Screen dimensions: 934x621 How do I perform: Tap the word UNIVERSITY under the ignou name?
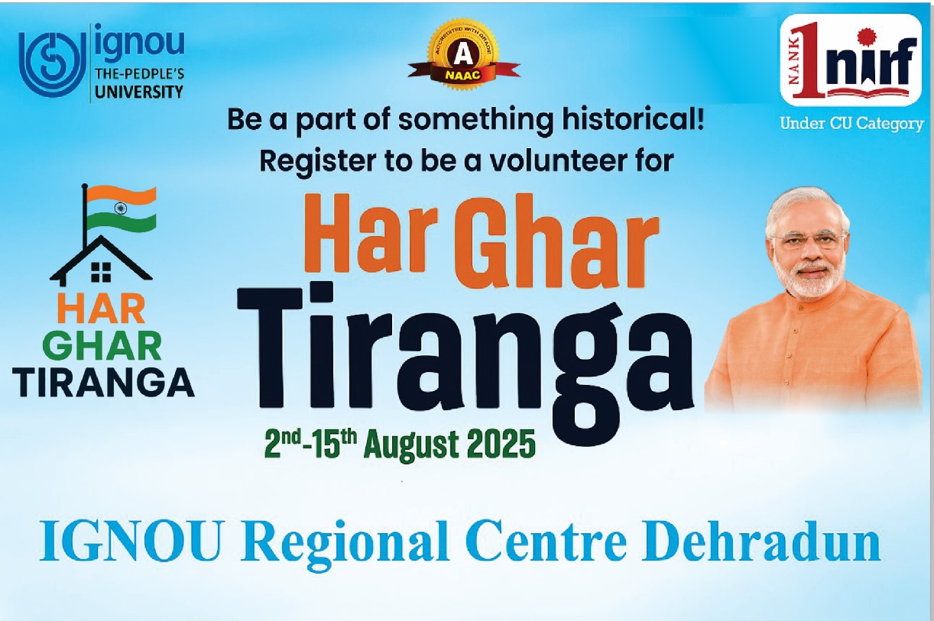click(139, 92)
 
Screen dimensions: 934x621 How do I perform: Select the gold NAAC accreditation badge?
click(463, 54)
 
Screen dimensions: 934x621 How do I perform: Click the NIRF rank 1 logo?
click(851, 60)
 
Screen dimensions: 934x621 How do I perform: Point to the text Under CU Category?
click(851, 124)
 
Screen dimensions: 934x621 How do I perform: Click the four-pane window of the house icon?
click(101, 272)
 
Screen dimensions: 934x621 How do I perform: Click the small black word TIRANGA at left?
click(104, 383)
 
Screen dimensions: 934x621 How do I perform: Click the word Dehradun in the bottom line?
click(761, 542)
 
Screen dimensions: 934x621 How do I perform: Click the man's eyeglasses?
click(809, 241)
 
